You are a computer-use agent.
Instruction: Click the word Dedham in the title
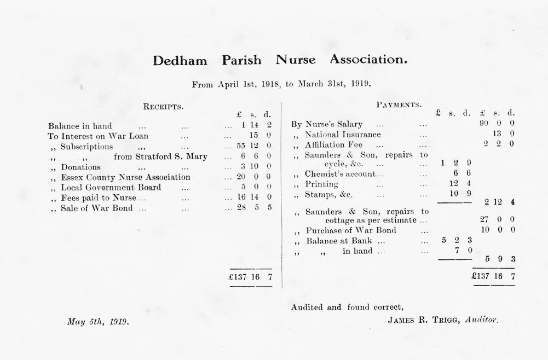pos(180,60)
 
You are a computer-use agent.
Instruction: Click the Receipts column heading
pos(163,107)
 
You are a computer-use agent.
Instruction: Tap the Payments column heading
pos(399,104)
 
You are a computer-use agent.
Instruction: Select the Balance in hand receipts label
pos(80,126)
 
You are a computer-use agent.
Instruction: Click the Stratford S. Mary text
pos(160,157)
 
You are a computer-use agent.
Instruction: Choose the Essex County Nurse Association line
pos(125,177)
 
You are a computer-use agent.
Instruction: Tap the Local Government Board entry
pos(111,188)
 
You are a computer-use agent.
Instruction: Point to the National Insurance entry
pos(343,135)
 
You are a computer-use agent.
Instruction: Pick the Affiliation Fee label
pos(333,145)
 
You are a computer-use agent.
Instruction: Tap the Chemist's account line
pos(340,175)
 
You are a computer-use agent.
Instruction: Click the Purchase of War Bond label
pos(351,230)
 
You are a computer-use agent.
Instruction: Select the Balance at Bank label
pos(339,241)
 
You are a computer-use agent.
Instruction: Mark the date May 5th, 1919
pos(98,322)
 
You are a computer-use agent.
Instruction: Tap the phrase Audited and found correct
pos(348,307)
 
